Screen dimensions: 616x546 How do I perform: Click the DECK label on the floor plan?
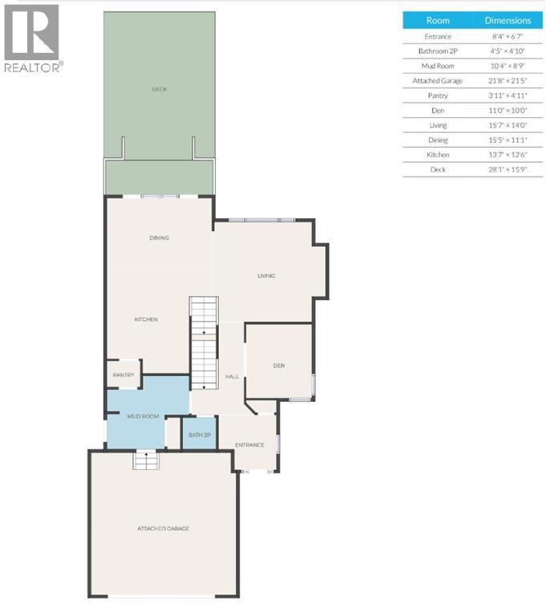pos(159,89)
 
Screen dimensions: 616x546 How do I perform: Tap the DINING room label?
pos(159,237)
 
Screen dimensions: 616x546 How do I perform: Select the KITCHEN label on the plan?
pos(146,319)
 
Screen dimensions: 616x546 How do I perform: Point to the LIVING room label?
pos(266,276)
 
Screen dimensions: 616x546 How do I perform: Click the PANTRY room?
pos(123,375)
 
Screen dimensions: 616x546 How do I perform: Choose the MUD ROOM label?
pos(144,416)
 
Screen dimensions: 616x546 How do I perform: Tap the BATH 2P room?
pos(199,435)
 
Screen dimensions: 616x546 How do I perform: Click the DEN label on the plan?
pos(279,366)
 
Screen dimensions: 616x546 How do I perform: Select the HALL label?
pos(233,376)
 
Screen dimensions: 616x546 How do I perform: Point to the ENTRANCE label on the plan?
pos(249,445)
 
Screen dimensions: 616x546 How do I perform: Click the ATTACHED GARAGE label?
pos(163,529)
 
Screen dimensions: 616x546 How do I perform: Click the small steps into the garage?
pos(146,460)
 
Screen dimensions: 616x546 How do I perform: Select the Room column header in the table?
pos(437,21)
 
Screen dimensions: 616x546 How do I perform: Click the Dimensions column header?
pos(508,21)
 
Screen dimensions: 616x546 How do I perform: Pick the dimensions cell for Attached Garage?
pos(508,81)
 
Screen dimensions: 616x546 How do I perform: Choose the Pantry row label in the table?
pos(437,95)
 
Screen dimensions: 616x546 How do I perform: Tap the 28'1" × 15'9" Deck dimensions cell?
pos(508,169)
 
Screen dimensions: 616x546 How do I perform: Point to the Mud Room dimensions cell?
pos(508,66)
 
